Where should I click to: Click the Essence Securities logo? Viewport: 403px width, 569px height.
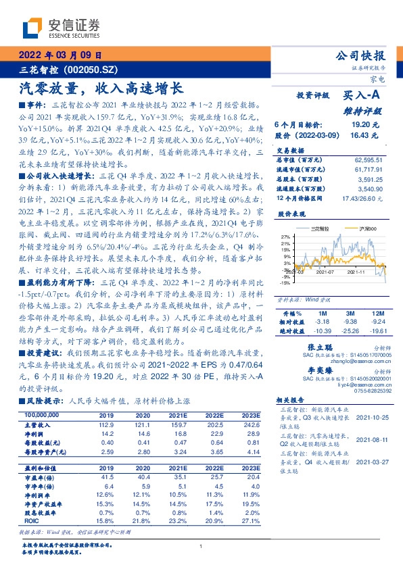point(62,28)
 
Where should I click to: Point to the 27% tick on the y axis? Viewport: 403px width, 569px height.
point(285,237)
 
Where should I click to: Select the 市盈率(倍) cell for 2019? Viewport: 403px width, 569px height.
point(106,478)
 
